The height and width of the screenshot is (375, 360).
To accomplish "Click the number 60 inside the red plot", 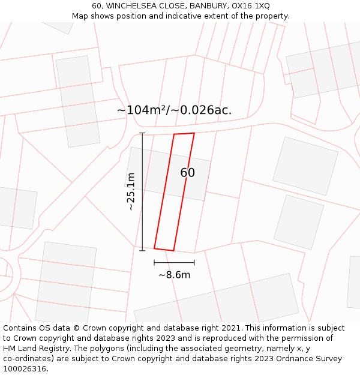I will (x=187, y=173).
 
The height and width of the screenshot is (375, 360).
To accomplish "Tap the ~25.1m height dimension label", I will (x=131, y=191).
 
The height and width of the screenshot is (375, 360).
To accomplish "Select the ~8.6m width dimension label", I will (x=174, y=275).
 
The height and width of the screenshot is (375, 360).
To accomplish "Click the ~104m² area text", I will (x=142, y=110).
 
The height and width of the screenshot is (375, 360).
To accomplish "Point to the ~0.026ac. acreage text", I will (x=202, y=110).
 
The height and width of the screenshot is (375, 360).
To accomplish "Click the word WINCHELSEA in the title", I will (x=136, y=6).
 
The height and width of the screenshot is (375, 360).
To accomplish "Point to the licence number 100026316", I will (x=25, y=369).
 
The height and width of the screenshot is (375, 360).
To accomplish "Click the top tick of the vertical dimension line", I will (x=142, y=133).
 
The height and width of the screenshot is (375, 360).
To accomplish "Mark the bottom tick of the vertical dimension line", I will (x=142, y=250).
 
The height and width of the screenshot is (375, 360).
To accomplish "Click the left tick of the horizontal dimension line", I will (x=154, y=262).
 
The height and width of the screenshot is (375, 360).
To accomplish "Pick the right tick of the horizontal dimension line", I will (x=194, y=262).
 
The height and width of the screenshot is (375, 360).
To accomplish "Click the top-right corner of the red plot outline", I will (x=194, y=133).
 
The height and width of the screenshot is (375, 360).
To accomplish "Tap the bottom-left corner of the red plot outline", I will (x=154, y=248).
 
